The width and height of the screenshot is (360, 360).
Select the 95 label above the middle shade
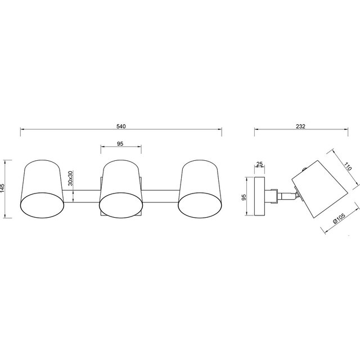[120, 143]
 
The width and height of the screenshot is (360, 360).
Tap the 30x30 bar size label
[70, 179]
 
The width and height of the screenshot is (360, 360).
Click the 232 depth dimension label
[300, 127]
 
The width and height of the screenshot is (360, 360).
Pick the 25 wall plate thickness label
[259, 164]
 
